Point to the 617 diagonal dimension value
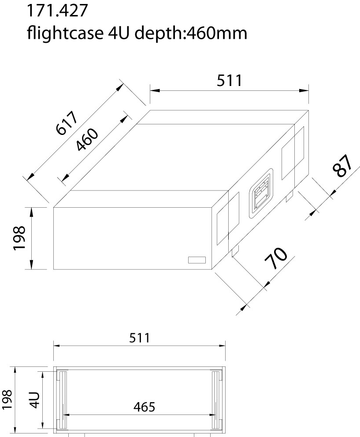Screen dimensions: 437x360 [67, 123]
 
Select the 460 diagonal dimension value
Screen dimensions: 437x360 [87, 140]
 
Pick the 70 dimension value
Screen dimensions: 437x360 [276, 258]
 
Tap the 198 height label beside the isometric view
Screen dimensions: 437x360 [19, 238]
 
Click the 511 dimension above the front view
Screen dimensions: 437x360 [139, 338]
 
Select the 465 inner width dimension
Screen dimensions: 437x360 [144, 407]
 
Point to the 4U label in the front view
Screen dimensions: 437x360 [35, 399]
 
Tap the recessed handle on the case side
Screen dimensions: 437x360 [260, 194]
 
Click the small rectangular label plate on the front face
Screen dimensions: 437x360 [197, 260]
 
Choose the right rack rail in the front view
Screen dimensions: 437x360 [215, 400]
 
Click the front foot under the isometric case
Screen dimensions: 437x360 [235, 250]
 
